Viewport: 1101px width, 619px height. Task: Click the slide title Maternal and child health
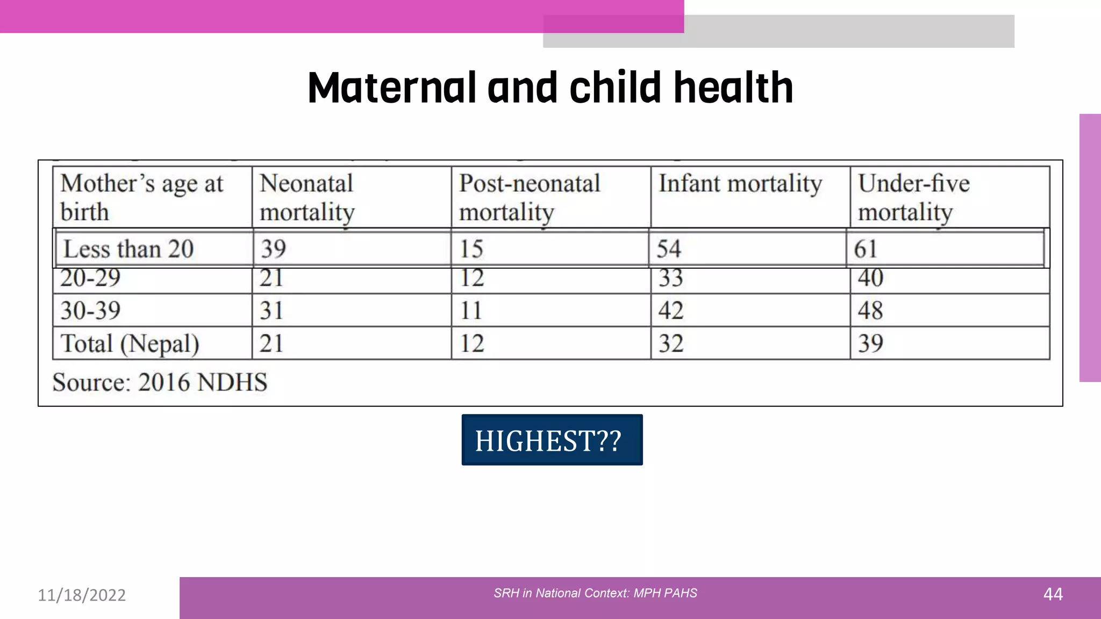[550, 88]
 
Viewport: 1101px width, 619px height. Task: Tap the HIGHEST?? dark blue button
[552, 440]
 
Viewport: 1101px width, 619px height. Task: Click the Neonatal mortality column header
[308, 197]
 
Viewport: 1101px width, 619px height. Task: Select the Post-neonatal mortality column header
[529, 197]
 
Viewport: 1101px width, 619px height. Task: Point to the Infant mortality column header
[740, 184]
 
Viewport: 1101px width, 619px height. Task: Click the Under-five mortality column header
[913, 197]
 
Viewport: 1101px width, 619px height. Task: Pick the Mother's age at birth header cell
[141, 197]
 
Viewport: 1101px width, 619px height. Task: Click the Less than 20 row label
[128, 249]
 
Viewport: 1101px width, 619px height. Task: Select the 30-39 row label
[90, 311]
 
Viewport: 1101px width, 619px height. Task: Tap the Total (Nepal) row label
[130, 344]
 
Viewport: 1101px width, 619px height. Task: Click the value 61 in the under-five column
[866, 249]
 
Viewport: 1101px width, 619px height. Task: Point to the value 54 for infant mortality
[669, 249]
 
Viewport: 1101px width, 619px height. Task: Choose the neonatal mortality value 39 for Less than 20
[273, 249]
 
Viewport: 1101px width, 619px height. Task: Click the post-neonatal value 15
[471, 249]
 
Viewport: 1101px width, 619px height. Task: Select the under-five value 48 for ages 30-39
[870, 311]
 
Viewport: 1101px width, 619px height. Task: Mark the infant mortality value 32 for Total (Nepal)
[671, 344]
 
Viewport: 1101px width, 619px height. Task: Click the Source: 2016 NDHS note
[160, 383]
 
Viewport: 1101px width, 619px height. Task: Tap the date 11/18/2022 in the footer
[82, 595]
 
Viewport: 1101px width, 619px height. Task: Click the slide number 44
[1053, 594]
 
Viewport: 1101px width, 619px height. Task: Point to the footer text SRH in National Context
[595, 593]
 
